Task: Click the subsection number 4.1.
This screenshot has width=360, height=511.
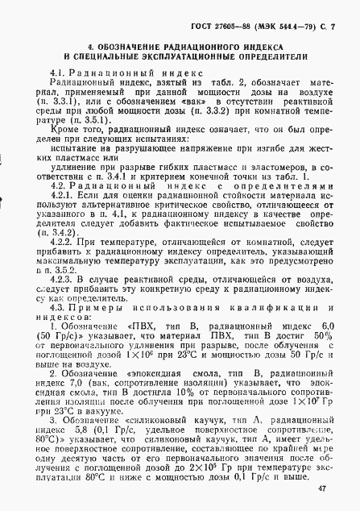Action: [x=60, y=74]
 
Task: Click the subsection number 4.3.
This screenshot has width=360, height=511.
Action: [x=60, y=308]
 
